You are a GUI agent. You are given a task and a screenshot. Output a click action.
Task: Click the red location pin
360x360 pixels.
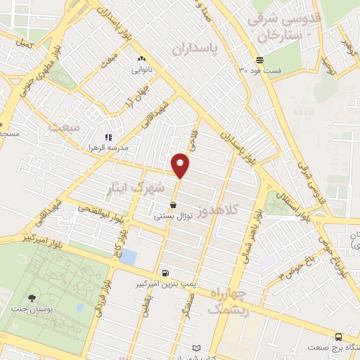click(x=181, y=165)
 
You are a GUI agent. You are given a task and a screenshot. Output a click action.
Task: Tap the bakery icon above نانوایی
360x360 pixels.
click(x=142, y=59)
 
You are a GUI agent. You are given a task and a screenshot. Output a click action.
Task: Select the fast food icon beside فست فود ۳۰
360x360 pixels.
click(x=259, y=60)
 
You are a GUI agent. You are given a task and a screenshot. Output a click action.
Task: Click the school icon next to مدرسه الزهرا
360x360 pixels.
click(x=108, y=137)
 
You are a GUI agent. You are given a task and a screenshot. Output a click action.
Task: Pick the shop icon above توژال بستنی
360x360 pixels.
click(x=173, y=205)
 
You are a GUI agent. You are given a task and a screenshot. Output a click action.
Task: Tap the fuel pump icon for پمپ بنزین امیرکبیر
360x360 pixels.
click(x=165, y=273)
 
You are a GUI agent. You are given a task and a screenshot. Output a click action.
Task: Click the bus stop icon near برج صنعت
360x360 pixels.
click(x=338, y=337)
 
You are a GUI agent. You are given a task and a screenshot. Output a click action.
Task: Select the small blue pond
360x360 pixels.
click(x=129, y=257)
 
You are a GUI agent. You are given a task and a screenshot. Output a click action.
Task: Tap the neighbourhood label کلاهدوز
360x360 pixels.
click(x=220, y=209)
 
